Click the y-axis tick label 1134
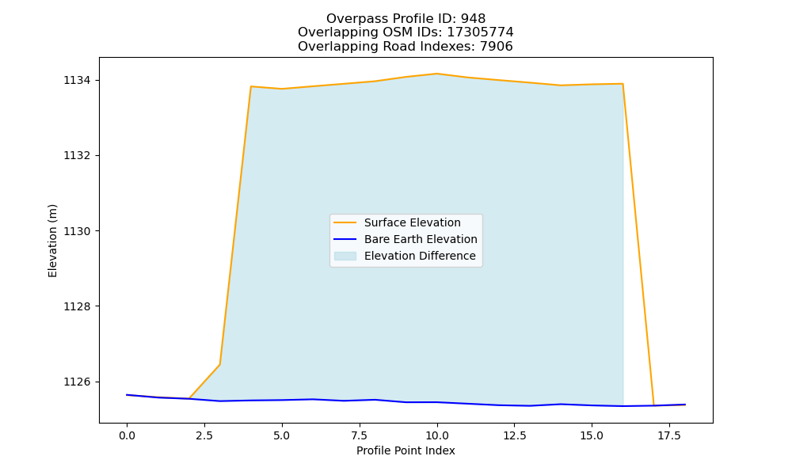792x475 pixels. coord(77,80)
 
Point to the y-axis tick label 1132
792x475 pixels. coord(77,155)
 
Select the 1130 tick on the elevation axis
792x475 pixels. coord(77,231)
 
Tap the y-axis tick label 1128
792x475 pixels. coord(77,306)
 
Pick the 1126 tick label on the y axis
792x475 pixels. coord(77,382)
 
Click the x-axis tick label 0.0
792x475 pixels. coord(127,435)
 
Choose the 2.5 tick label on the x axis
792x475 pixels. coord(204,435)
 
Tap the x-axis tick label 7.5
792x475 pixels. coord(359,435)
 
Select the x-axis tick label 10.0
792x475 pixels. coord(437,435)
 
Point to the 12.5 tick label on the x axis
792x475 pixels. coord(514,435)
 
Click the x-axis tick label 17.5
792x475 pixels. coord(669,435)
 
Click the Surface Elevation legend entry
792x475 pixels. coord(412,222)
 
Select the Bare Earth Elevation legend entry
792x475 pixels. coord(421,239)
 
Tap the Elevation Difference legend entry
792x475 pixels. coord(420,256)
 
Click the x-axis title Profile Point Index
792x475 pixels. coord(406,450)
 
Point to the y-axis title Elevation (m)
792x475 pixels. coord(52,241)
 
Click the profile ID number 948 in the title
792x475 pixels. coord(473,19)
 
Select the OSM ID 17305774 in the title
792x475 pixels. coord(481,32)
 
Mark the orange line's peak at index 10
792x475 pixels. coord(437,74)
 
